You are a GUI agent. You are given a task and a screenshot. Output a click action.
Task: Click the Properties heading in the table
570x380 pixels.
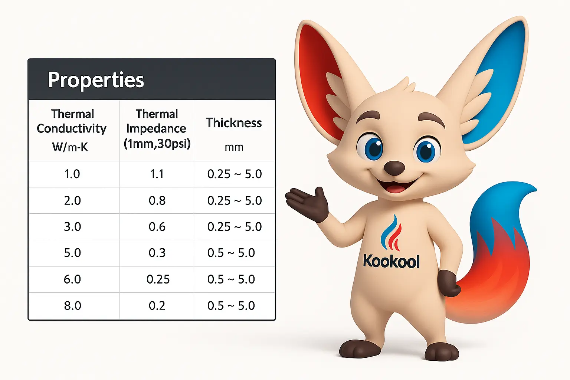coord(96,80)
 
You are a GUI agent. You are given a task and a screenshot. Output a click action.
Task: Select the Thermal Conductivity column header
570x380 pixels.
coord(72,121)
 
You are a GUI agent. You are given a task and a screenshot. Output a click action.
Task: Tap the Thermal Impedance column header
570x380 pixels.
coord(157,129)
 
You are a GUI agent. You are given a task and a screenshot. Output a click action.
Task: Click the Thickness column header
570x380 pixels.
coord(233,123)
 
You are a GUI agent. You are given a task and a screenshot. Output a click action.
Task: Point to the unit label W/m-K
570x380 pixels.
coord(70,147)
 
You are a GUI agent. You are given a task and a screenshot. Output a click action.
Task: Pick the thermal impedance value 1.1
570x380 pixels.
coord(157,174)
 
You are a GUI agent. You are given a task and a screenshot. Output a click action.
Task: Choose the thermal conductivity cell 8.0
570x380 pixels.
coord(72,306)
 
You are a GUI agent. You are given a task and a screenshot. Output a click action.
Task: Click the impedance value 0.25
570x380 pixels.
coord(158,279)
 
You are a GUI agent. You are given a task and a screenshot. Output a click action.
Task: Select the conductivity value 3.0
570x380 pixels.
coord(72,227)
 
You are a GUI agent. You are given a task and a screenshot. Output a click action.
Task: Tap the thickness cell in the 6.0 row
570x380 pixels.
coord(231,279)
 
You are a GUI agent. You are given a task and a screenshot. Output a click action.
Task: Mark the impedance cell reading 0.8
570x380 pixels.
coord(157,200)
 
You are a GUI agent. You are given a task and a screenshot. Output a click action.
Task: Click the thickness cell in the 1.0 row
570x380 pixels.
coord(235,174)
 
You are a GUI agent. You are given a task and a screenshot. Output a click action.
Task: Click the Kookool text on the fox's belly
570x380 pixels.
coord(391,261)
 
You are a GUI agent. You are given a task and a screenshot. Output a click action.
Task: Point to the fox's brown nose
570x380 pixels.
coord(394,168)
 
